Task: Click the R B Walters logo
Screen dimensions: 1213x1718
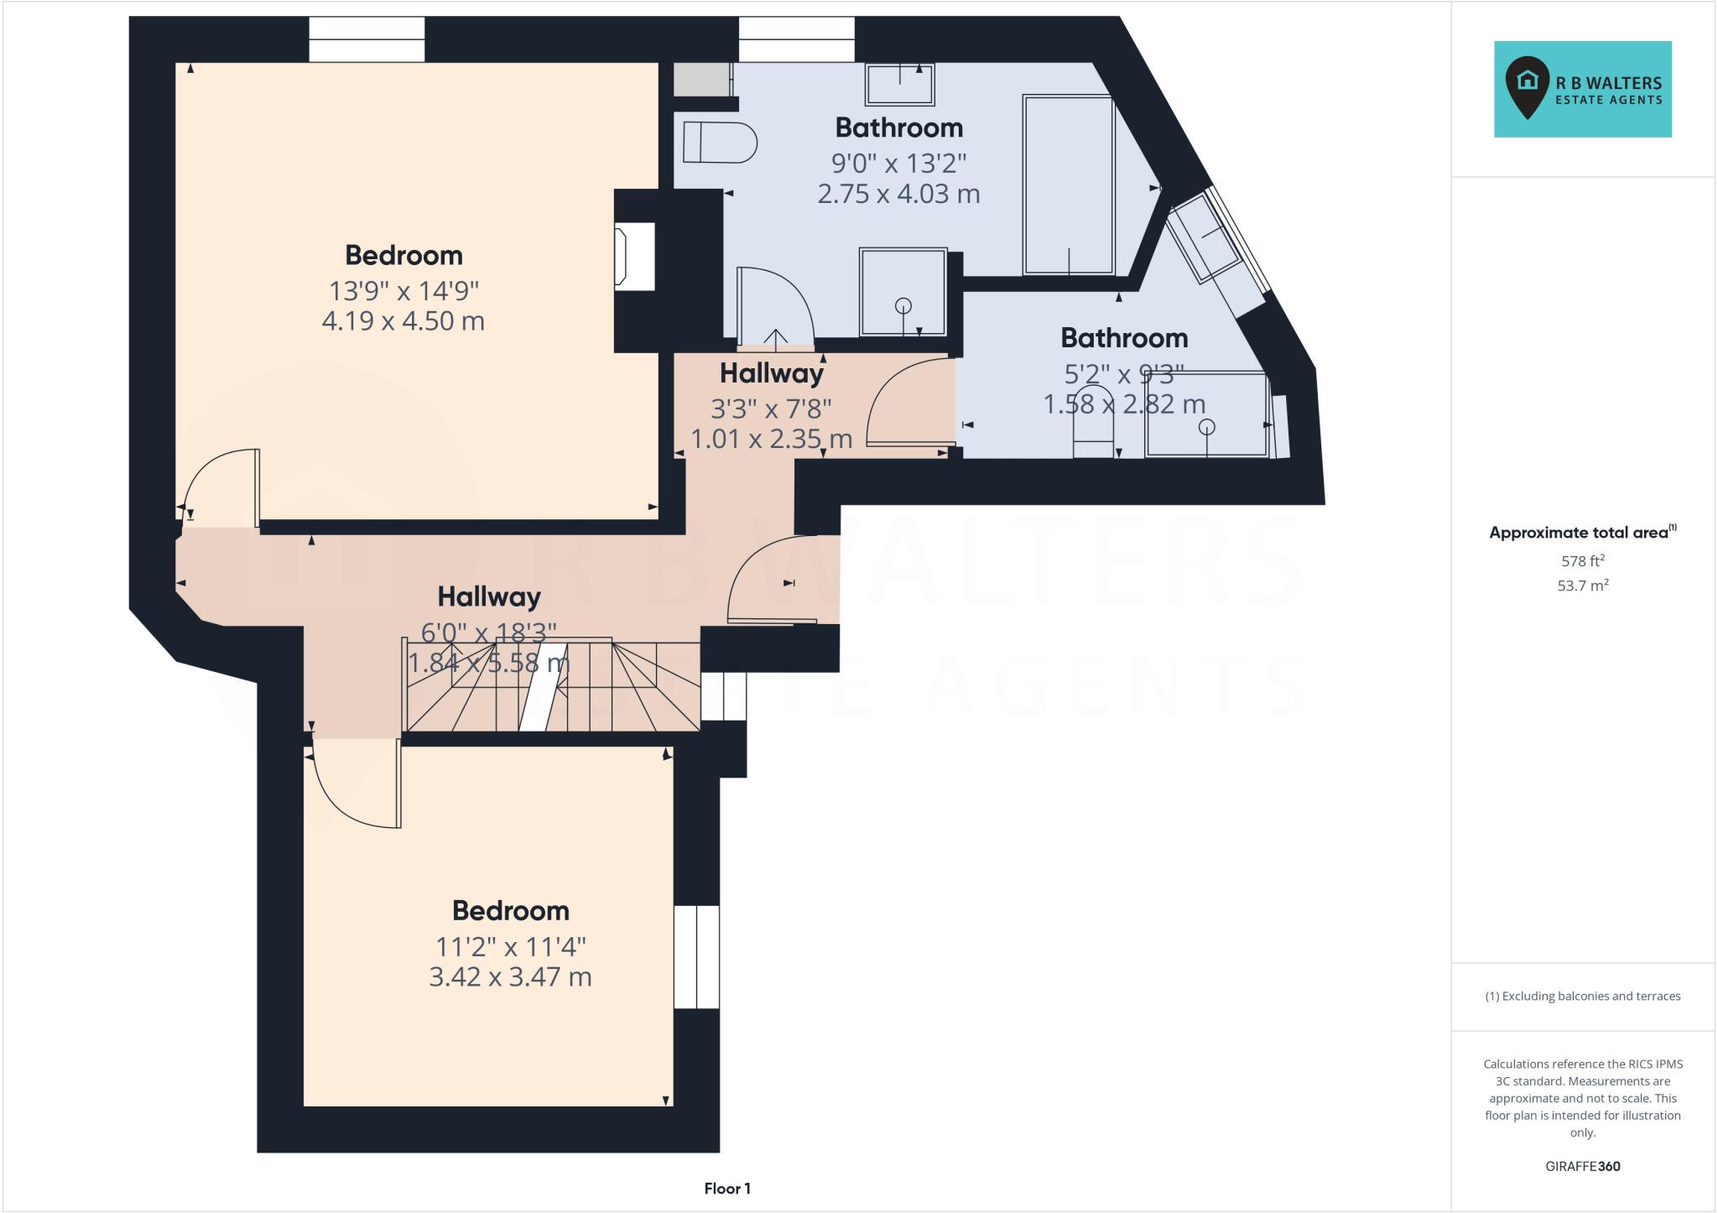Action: pos(1582,89)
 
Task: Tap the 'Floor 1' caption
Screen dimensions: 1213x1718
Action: pos(726,1188)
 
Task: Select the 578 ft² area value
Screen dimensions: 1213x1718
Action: pos(1582,561)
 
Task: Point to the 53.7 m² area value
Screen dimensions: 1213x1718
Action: pos(1582,586)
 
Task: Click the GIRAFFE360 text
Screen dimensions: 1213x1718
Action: pos(1582,1166)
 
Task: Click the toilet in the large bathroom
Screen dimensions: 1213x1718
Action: pos(719,143)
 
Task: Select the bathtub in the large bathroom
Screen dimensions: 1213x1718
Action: pos(1068,185)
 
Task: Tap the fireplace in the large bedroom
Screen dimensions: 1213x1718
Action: pos(634,257)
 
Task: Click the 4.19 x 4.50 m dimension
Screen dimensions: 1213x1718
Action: pos(403,321)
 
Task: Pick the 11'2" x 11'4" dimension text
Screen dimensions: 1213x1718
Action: pos(510,946)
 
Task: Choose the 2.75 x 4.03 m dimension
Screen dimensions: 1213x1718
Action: pos(898,194)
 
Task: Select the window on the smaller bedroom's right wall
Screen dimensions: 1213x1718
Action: pos(696,956)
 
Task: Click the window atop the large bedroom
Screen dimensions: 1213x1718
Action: pos(367,39)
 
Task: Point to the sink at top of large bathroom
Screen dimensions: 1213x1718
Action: pos(899,85)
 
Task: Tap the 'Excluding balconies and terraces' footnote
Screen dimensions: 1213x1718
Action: pos(1582,997)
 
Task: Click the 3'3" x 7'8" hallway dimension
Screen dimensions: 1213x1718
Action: pos(771,409)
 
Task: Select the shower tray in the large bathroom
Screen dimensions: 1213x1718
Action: pos(903,292)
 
